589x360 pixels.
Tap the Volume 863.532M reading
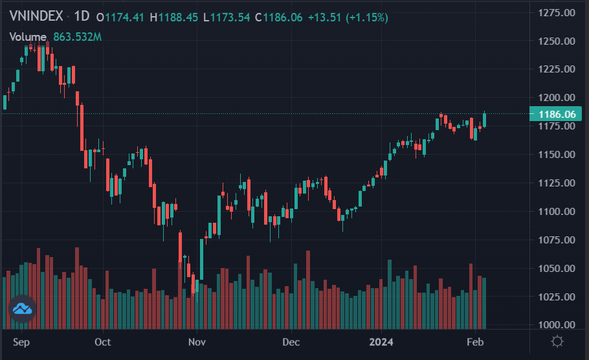pyautogui.click(x=56, y=37)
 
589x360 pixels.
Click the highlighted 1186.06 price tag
pyautogui.click(x=554, y=114)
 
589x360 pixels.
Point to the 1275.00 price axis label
pyautogui.click(x=557, y=12)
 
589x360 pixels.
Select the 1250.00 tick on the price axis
pyautogui.click(x=557, y=41)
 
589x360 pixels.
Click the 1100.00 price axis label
pyautogui.click(x=557, y=212)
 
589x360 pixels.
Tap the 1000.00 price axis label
pyautogui.click(x=557, y=325)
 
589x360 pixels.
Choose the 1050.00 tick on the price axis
pyautogui.click(x=557, y=268)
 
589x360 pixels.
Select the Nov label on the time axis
pyautogui.click(x=197, y=341)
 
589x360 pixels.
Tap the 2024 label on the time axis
pyautogui.click(x=382, y=341)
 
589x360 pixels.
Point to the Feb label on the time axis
pyautogui.click(x=475, y=341)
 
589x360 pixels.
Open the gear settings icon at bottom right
pyautogui.click(x=557, y=341)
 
